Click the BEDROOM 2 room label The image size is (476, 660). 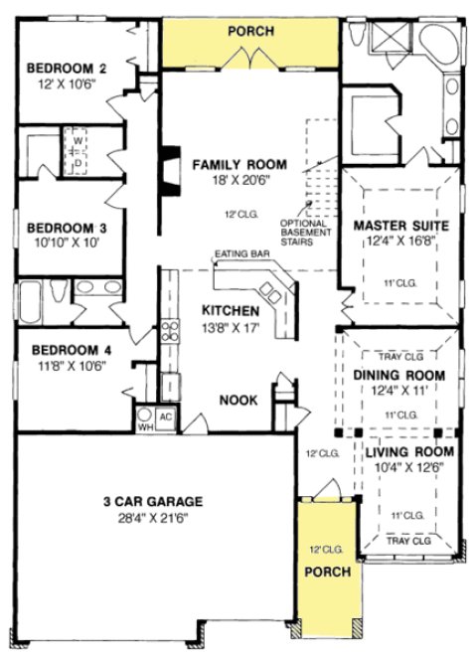click(x=67, y=68)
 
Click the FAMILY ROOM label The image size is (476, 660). click(x=239, y=164)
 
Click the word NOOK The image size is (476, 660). click(x=239, y=400)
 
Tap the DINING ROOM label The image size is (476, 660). click(x=398, y=375)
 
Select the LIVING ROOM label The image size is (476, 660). click(x=401, y=452)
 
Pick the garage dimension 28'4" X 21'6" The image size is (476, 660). click(x=154, y=517)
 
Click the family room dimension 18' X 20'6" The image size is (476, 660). click(x=239, y=179)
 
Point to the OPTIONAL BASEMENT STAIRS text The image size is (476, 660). click(x=304, y=232)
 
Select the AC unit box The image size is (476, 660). click(x=166, y=415)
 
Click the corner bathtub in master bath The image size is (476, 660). click(x=438, y=42)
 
